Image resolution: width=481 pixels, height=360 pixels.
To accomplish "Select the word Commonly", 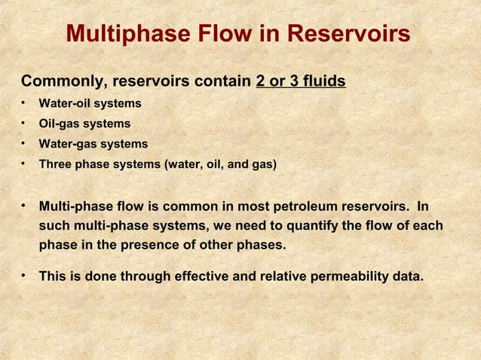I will click(57, 81).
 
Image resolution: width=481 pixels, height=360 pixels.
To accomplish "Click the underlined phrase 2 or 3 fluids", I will click(301, 81).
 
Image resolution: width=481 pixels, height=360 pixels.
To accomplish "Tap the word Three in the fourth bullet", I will click(54, 164).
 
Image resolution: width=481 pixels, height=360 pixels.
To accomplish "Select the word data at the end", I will click(408, 277).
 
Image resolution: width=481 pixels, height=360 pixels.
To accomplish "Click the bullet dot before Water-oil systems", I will click(25, 102).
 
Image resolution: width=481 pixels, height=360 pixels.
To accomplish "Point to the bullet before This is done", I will click(25, 276).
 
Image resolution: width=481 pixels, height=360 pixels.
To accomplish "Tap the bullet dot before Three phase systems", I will click(25, 163).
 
